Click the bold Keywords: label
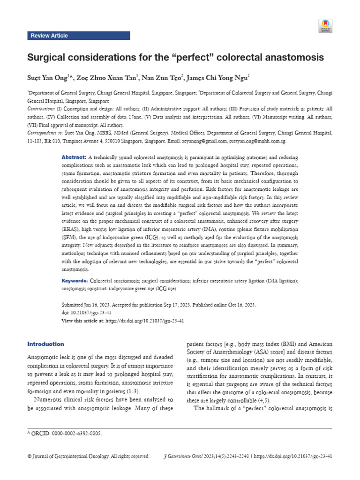point(75,280)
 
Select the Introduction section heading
point(46,344)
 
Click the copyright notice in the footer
point(89,456)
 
